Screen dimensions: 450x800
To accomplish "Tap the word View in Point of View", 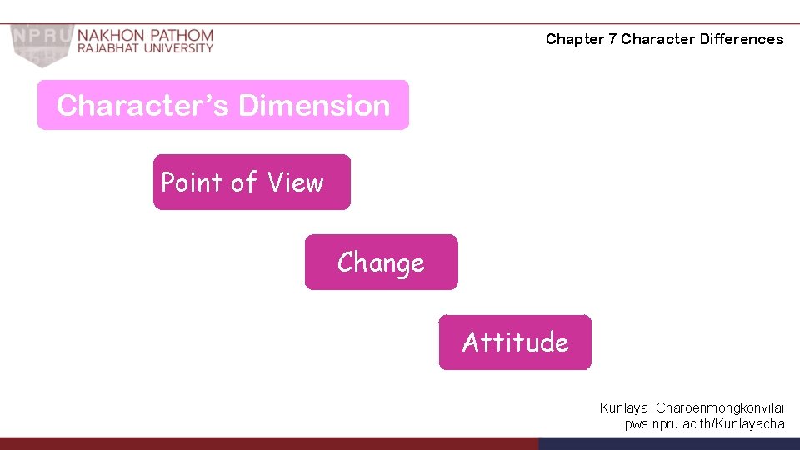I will (x=295, y=182).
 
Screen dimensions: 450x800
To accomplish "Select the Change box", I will (x=381, y=262).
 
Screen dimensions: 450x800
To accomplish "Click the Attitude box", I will (x=515, y=342).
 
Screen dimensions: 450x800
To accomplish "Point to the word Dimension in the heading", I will (x=314, y=106).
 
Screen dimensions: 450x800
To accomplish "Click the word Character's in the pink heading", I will (x=142, y=106).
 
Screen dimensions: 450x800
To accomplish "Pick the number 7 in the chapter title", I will (x=612, y=39).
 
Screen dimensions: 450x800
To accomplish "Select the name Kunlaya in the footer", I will (x=624, y=408).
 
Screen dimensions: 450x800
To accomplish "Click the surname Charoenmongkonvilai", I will (x=720, y=408).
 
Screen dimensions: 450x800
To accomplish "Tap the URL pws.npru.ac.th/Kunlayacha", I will (x=704, y=424).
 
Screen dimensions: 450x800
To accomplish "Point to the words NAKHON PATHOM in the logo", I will (x=146, y=36).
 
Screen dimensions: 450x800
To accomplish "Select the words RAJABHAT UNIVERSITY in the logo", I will (x=146, y=48).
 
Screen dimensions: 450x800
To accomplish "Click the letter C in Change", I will (x=346, y=263).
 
